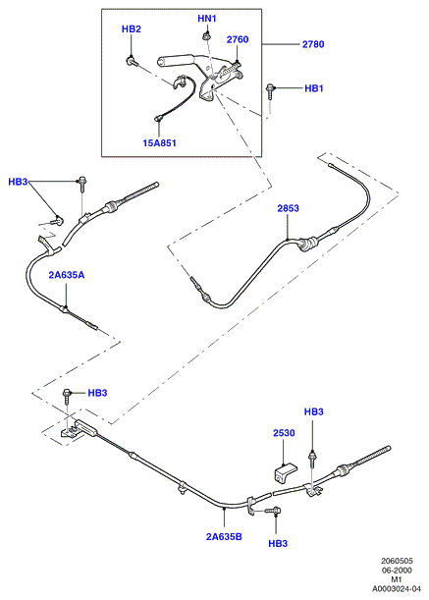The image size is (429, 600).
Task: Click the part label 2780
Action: coord(313,44)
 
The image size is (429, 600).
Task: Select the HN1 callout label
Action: coord(207,19)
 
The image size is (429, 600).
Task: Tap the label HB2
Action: coord(132,29)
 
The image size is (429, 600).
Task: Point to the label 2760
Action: coord(238,39)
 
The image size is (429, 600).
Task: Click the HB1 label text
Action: coord(314,88)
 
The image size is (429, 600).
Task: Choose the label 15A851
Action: coord(159,143)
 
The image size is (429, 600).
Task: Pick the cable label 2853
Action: coord(289,208)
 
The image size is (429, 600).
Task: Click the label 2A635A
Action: coord(66,275)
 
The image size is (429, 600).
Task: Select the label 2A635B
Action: coord(224,537)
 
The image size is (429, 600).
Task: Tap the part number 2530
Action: coord(284,433)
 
